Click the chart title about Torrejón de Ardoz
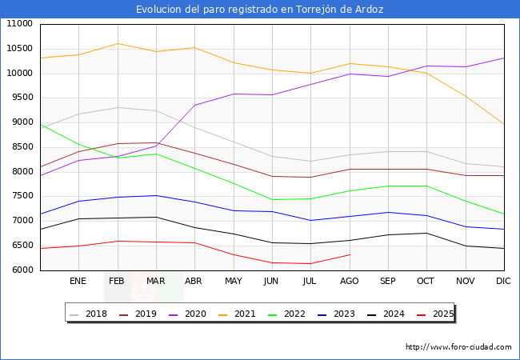pos(259,10)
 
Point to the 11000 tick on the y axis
pos(21,24)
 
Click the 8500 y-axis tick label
pos(21,147)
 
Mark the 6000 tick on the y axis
pos(21,270)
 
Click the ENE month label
pos(78,282)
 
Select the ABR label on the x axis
pos(194,282)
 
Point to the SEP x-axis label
pos(387,282)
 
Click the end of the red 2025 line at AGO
pos(350,254)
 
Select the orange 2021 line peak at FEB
pos(118,43)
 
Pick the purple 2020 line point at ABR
pos(194,105)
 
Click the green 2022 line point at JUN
pos(272,199)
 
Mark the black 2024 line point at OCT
pos(426,234)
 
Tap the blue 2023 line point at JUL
pos(310,220)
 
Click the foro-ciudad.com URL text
pos(458,347)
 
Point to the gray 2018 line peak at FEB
pos(118,107)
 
